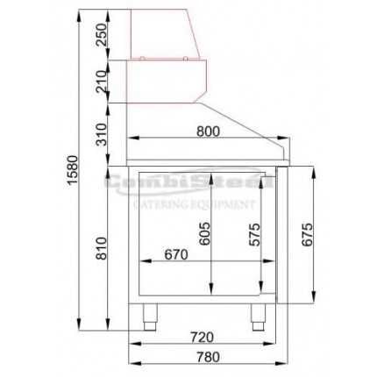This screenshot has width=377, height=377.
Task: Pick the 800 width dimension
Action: [208, 132]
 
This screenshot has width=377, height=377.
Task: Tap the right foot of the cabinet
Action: [259, 317]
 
